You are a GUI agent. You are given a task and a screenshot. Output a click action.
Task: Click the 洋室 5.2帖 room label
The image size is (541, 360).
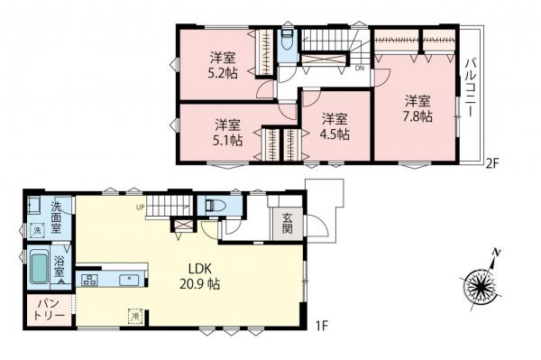click(x=224, y=66)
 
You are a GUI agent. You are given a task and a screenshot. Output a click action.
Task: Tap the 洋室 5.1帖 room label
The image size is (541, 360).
click(x=228, y=133)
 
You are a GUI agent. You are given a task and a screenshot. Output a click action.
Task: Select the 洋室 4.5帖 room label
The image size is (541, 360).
click(x=335, y=126)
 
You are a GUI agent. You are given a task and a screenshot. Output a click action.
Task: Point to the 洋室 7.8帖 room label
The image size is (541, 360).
click(x=417, y=108)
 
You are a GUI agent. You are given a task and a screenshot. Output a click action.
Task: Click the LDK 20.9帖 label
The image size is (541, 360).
click(x=200, y=276)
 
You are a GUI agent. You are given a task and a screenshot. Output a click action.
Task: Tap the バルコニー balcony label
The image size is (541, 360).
click(x=470, y=88)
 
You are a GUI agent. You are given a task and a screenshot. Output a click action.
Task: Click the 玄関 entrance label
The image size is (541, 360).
click(x=288, y=224)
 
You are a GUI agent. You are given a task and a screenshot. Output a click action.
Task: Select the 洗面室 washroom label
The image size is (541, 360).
click(x=56, y=217)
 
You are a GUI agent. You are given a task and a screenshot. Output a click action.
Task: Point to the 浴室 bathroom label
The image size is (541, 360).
click(x=60, y=265)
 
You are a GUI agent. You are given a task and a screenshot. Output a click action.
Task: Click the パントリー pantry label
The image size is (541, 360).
click(x=50, y=310)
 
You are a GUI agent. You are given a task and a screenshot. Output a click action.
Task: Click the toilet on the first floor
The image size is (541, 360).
click(x=215, y=206)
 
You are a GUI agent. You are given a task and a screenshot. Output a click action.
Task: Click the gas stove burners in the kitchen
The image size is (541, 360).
click(x=90, y=280)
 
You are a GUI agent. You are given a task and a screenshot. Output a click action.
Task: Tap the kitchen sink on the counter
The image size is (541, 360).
click(x=129, y=280)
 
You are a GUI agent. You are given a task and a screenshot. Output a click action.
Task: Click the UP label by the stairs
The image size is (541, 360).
click(x=141, y=208)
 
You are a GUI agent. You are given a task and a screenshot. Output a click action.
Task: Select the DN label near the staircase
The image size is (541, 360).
click(x=360, y=69)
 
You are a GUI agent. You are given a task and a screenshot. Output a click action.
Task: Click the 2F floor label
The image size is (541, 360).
click(x=492, y=162)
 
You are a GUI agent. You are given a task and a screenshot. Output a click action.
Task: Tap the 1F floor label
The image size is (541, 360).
click(x=321, y=326)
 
